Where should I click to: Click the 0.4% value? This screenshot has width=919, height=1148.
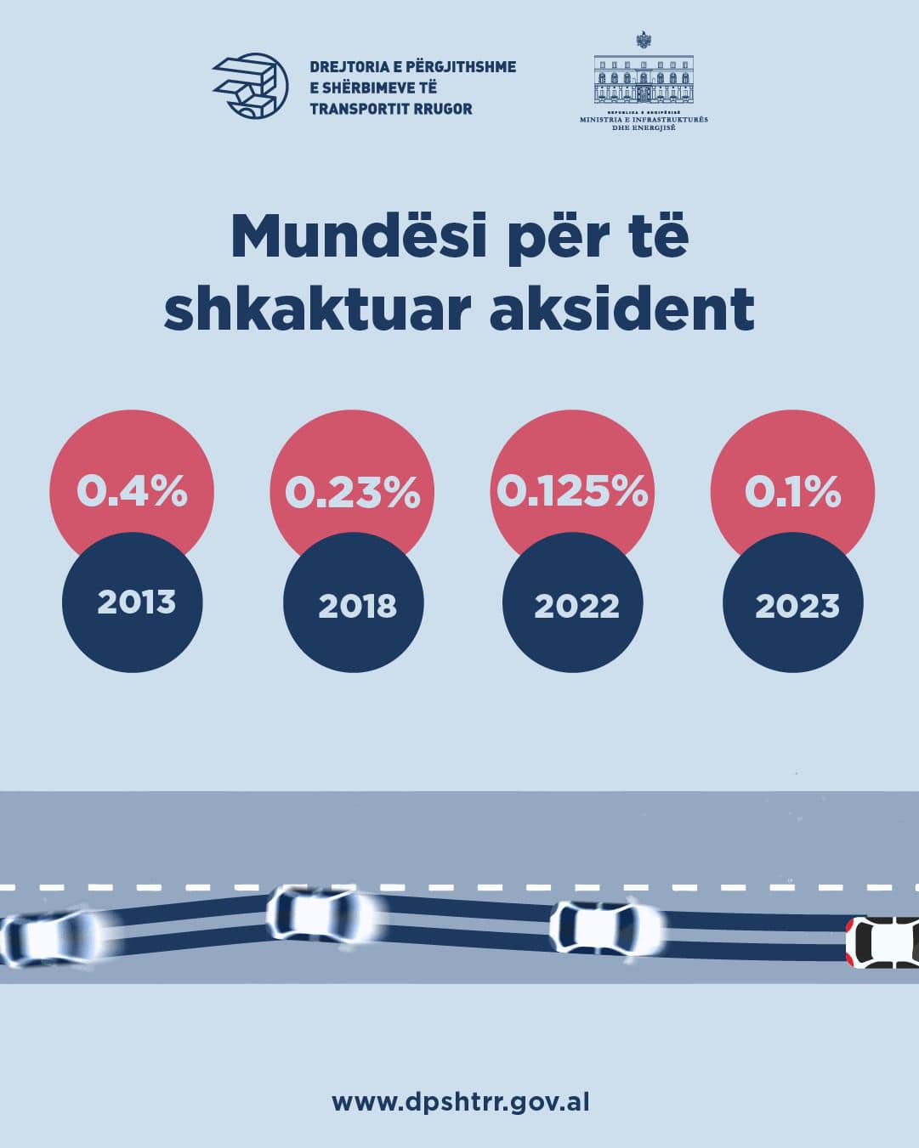132,491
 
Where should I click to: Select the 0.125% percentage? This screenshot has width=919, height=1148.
572,491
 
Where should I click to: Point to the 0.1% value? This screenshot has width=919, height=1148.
792,491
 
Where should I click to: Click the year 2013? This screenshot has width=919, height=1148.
136,602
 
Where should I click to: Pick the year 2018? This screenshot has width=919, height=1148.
357,606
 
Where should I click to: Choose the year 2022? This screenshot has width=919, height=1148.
576,606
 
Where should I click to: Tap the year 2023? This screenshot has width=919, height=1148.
797,606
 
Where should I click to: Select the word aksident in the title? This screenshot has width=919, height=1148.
622,309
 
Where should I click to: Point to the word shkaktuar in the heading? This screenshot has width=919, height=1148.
317,309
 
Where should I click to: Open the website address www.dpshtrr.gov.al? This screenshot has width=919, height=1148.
460,1102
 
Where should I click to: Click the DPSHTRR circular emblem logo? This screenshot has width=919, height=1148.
250,86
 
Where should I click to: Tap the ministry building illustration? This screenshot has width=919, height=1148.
644,81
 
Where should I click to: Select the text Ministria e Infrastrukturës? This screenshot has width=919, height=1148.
644,120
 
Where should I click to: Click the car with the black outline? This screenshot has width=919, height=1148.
883,942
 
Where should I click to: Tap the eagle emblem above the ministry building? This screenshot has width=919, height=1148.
644,39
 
